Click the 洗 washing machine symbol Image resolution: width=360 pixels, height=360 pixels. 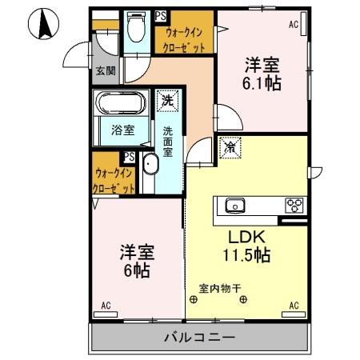[x=167, y=102]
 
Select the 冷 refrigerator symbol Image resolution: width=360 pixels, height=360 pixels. [x=230, y=147]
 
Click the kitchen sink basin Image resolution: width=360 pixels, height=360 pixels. [x=236, y=206]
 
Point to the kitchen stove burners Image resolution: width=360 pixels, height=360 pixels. [x=294, y=206]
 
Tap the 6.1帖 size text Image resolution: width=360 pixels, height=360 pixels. [x=262, y=82]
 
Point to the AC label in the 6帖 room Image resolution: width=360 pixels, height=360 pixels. [x=106, y=306]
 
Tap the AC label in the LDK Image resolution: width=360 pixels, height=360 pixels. [x=293, y=306]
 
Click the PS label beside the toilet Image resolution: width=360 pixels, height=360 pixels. [x=160, y=15]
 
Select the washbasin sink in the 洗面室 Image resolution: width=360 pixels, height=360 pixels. [x=150, y=168]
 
